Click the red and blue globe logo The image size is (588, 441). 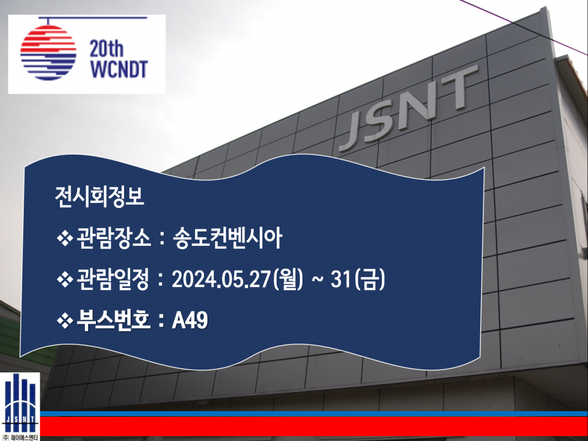(x=48, y=52)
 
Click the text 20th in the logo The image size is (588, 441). (x=106, y=49)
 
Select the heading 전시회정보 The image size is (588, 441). (x=99, y=196)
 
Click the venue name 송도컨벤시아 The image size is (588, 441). (x=228, y=238)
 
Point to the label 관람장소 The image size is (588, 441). (x=114, y=238)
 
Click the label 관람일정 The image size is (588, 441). (x=114, y=279)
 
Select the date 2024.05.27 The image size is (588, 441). (x=221, y=279)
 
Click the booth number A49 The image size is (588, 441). (x=190, y=321)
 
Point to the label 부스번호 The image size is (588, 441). (x=114, y=321)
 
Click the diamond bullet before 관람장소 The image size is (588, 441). (x=64, y=239)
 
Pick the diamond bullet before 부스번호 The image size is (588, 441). (x=64, y=321)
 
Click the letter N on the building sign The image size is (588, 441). (x=416, y=105)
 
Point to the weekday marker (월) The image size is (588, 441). (x=288, y=279)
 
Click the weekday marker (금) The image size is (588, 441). (x=369, y=279)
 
